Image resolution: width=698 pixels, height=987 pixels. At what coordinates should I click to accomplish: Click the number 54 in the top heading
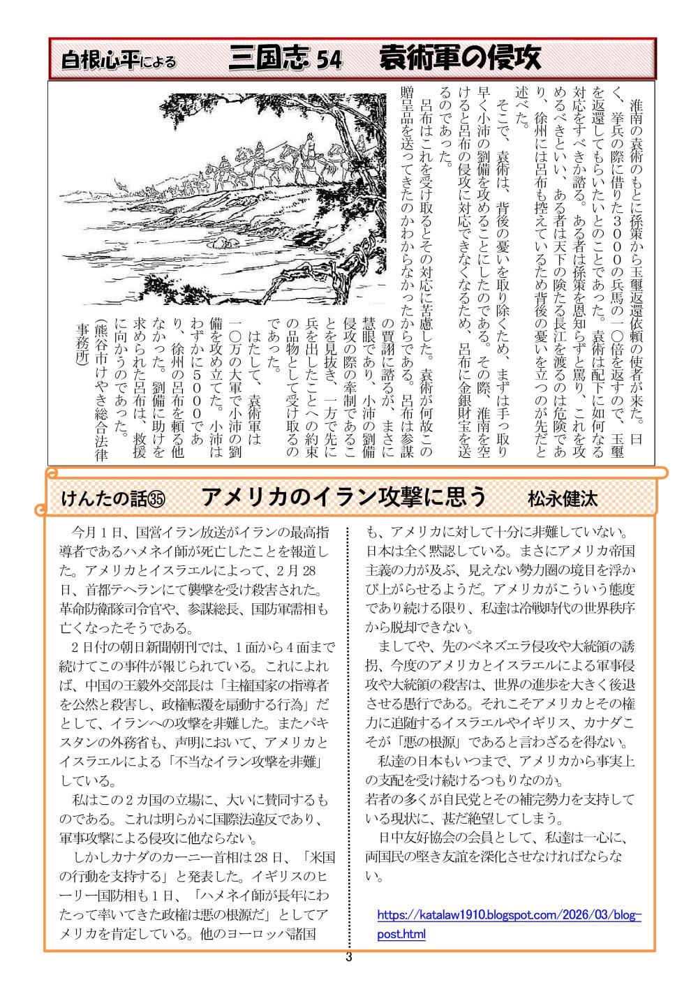(x=328, y=61)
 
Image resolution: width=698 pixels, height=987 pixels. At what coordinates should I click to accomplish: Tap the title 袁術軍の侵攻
(x=460, y=59)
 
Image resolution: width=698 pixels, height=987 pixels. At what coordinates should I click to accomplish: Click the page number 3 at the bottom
(x=349, y=958)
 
